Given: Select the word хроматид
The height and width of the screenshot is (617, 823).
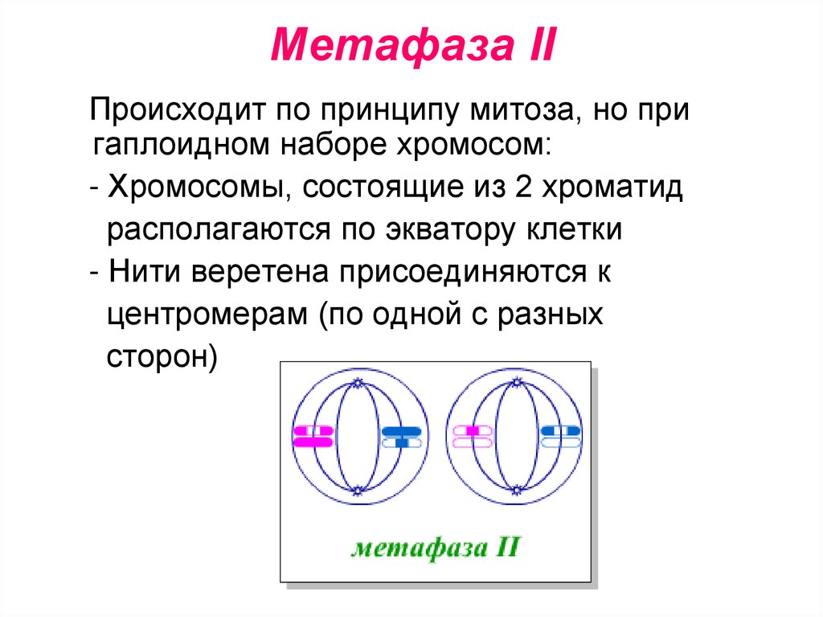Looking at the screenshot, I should point(612,190).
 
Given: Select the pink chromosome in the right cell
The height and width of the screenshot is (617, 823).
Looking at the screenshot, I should point(473,436).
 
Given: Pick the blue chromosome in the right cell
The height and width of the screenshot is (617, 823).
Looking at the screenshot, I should point(561,436).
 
